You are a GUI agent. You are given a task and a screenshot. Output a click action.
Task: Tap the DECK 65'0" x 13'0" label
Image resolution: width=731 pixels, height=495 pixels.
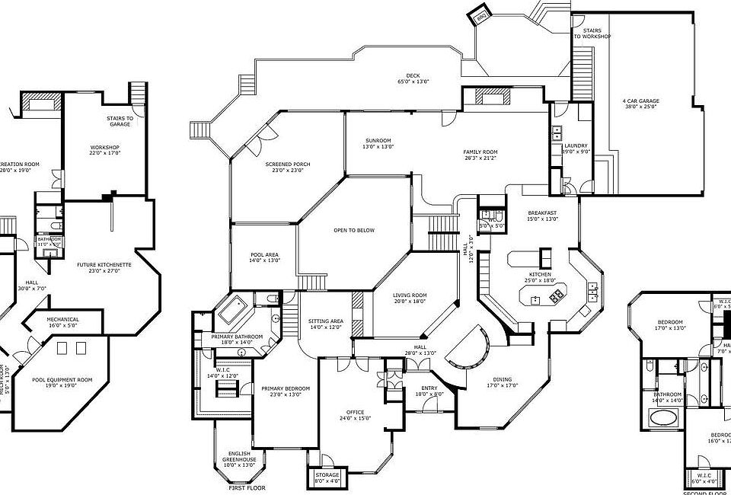413,78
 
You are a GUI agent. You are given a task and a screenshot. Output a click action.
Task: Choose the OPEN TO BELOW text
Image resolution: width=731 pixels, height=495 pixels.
354,230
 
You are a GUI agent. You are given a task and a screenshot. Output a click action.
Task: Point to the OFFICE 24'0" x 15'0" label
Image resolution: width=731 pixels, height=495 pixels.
354,414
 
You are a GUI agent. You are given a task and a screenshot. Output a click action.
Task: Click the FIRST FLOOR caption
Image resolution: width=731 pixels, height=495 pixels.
247,487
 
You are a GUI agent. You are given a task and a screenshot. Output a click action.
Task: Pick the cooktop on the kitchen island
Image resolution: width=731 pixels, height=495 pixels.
557,293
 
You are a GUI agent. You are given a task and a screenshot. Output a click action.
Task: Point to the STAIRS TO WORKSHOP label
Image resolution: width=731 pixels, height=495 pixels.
592,34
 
